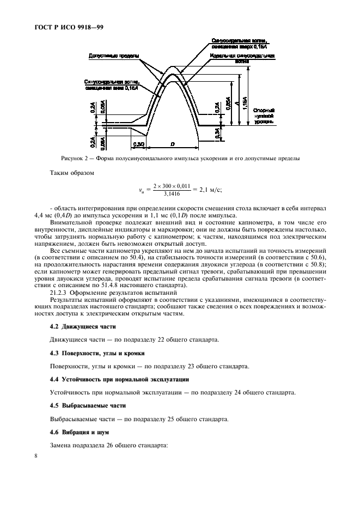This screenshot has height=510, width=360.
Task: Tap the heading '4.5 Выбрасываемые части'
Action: coord(88,405)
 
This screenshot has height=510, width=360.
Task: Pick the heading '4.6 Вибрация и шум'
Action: coord(79,432)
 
